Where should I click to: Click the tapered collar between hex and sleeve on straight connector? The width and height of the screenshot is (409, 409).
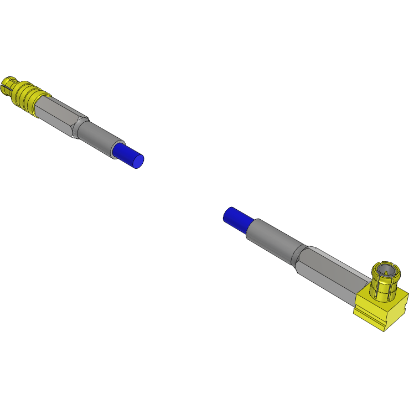[x=80, y=128]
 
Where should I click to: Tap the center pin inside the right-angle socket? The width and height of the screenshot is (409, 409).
[x=385, y=272]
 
